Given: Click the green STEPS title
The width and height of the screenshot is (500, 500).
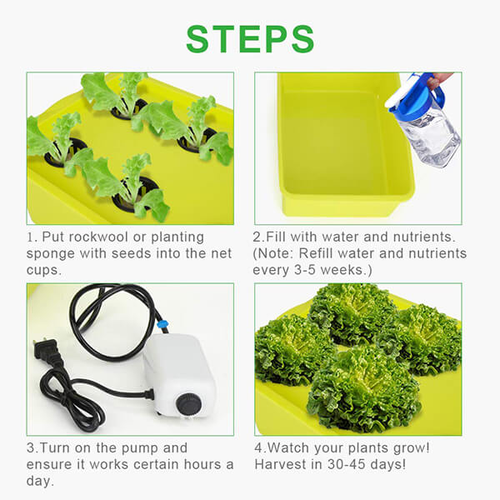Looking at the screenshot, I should coord(250,38).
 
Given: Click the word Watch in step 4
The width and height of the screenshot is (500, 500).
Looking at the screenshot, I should coord(294,447).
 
